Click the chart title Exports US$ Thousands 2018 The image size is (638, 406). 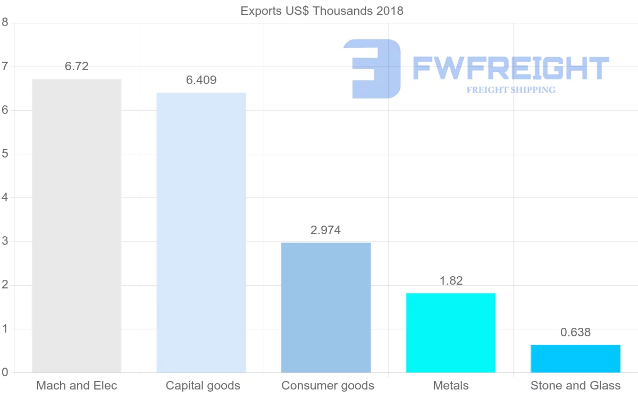tap(322, 11)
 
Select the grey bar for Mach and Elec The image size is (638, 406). tap(77, 226)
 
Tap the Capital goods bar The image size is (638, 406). tap(202, 233)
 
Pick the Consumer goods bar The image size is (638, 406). tap(326, 308)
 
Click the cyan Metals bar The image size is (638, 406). tap(451, 333)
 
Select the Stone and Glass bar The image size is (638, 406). tap(575, 359)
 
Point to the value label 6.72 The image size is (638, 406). tap(77, 67)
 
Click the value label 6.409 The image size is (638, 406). tap(202, 80)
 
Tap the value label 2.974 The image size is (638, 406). tap(326, 230)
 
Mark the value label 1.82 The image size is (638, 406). tap(451, 281)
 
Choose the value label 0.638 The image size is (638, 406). tap(575, 333)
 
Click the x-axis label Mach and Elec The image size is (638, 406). tap(77, 386)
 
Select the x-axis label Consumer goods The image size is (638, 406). tap(328, 386)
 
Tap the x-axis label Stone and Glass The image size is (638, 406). tap(575, 386)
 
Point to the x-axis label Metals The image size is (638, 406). tap(451, 386)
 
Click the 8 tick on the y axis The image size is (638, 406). tap(5, 22)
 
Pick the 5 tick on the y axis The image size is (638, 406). tap(5, 154)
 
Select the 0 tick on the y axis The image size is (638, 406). tap(5, 372)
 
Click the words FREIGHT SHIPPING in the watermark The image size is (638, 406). tap(511, 90)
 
